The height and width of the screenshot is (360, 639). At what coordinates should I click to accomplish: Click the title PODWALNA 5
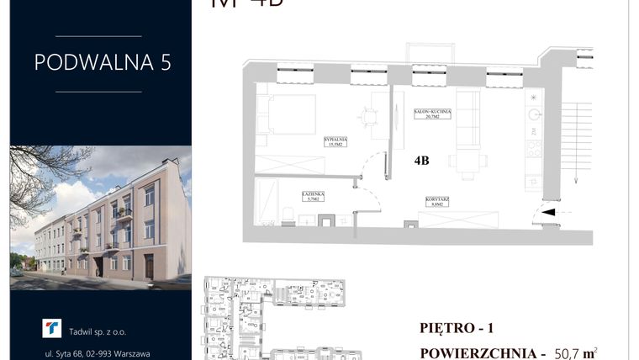[101, 63]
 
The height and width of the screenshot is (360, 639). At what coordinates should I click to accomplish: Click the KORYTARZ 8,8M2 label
[436, 200]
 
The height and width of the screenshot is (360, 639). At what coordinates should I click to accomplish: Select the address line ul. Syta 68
[102, 353]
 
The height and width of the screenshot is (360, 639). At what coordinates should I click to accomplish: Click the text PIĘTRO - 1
[457, 326]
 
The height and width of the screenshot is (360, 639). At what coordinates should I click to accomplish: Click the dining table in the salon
[464, 161]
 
